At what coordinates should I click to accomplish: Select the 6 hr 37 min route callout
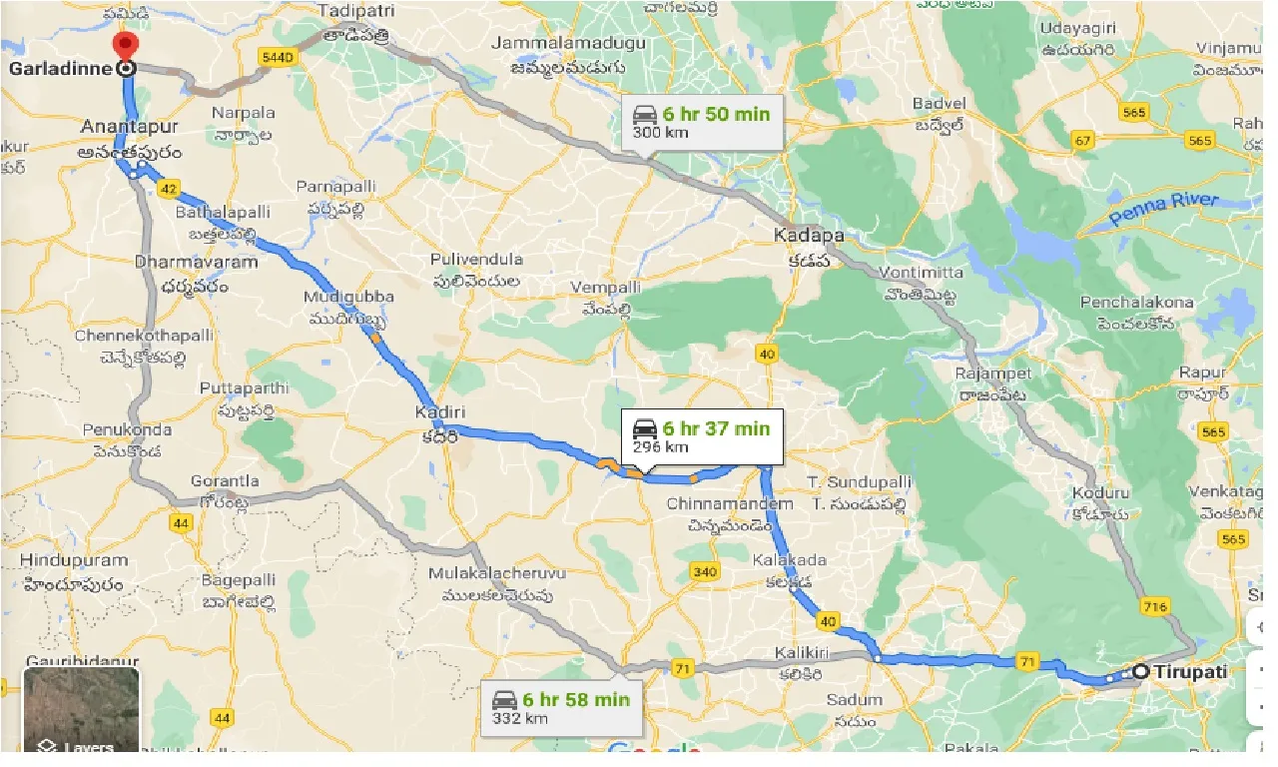click(x=700, y=436)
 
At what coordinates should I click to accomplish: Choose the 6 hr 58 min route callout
click(x=560, y=707)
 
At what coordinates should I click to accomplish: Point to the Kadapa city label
click(x=809, y=236)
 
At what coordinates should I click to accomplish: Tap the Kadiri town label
click(x=442, y=412)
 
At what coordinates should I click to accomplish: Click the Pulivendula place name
click(x=476, y=260)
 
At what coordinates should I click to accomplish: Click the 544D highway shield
click(x=277, y=58)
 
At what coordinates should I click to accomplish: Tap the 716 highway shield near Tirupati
click(x=1156, y=607)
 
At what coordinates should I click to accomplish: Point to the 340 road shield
click(x=704, y=571)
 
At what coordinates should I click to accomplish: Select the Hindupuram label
click(x=74, y=561)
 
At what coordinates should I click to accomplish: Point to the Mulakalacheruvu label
click(x=497, y=574)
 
